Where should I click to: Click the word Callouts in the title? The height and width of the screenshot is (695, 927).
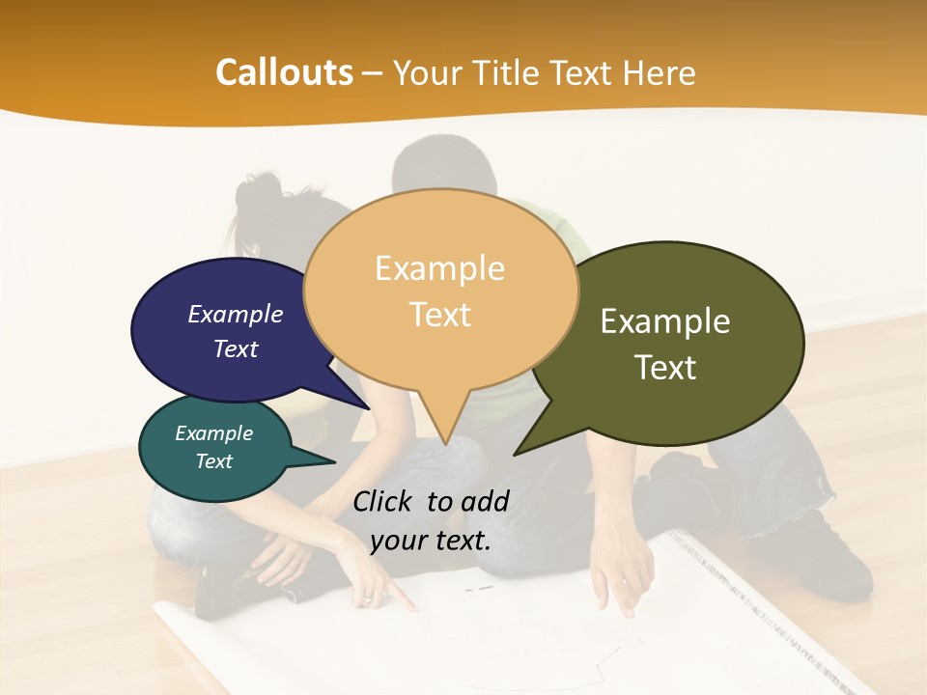click(x=285, y=72)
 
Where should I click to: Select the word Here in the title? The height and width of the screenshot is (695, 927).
click(x=658, y=72)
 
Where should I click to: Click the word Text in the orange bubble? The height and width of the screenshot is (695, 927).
click(x=439, y=315)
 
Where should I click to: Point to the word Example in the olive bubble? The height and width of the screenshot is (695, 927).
click(x=664, y=320)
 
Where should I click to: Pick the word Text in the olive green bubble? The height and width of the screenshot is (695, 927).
click(x=664, y=368)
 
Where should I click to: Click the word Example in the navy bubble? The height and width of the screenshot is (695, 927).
click(x=235, y=314)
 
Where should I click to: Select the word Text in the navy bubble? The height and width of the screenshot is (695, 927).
click(x=235, y=348)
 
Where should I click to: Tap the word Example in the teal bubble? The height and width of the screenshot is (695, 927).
click(x=213, y=433)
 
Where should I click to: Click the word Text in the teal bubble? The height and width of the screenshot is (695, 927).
click(x=213, y=461)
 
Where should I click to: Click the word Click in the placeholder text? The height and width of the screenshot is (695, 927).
click(x=385, y=501)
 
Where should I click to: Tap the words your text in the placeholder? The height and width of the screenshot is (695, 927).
click(x=430, y=541)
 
